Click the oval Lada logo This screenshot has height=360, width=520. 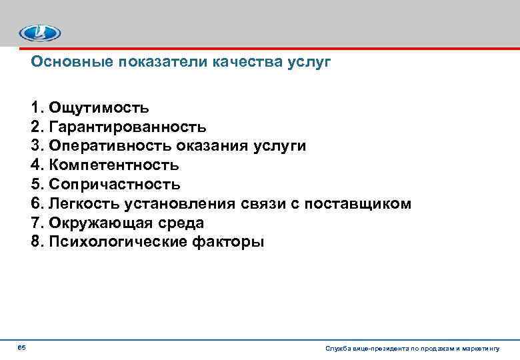point(39,33)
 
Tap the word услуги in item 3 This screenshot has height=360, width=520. point(279,146)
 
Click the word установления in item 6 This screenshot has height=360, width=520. point(171,203)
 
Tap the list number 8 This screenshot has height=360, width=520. point(36,242)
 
